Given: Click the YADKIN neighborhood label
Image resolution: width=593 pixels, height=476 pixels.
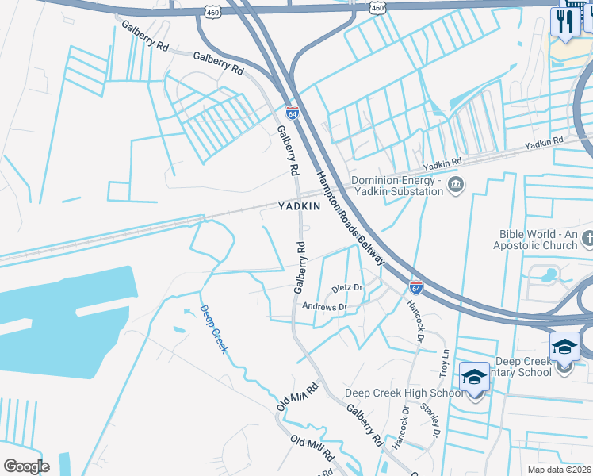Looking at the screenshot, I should (299, 206).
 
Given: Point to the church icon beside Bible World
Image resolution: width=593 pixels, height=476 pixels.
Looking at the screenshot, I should (587, 238).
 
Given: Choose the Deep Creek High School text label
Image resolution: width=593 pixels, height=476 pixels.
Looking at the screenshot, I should (404, 393).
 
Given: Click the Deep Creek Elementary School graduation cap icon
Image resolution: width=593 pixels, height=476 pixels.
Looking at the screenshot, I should (564, 347).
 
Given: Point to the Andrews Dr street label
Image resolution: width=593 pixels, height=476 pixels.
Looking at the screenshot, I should (331, 306).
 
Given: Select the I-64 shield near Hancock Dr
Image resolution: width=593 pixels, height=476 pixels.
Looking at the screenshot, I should (415, 286).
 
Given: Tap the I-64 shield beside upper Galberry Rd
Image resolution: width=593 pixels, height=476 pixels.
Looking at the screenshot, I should (292, 113).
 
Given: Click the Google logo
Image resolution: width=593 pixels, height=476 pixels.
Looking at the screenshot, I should (26, 466).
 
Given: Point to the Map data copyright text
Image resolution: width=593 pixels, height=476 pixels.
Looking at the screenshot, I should (558, 470).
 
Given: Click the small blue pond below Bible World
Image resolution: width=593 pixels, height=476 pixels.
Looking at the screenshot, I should (546, 276).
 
